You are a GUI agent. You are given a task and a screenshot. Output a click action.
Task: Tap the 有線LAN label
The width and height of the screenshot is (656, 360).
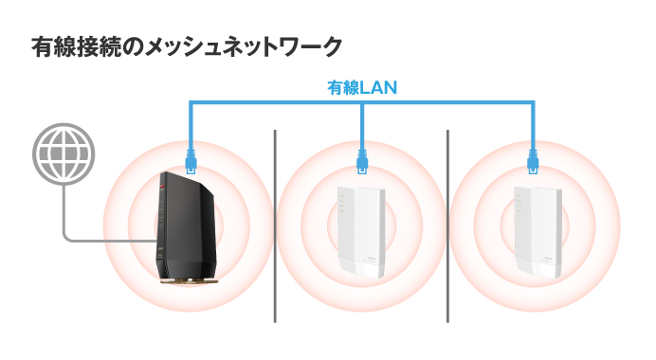coord(361,88)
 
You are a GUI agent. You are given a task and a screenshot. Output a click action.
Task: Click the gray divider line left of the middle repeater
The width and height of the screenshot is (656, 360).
coord(275,227)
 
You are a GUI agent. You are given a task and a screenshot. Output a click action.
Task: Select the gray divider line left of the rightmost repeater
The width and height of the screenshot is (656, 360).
coord(447,227)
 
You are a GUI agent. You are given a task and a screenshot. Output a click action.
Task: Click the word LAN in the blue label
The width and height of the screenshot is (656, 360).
coord(378,88)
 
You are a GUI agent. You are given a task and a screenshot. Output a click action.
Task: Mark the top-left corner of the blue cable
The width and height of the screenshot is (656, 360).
coord(191,103)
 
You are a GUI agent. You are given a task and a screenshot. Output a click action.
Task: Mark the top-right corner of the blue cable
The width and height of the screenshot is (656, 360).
coord(534,103)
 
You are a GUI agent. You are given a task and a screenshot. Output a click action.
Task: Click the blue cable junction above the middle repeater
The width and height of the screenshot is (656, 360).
coord(362,103)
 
